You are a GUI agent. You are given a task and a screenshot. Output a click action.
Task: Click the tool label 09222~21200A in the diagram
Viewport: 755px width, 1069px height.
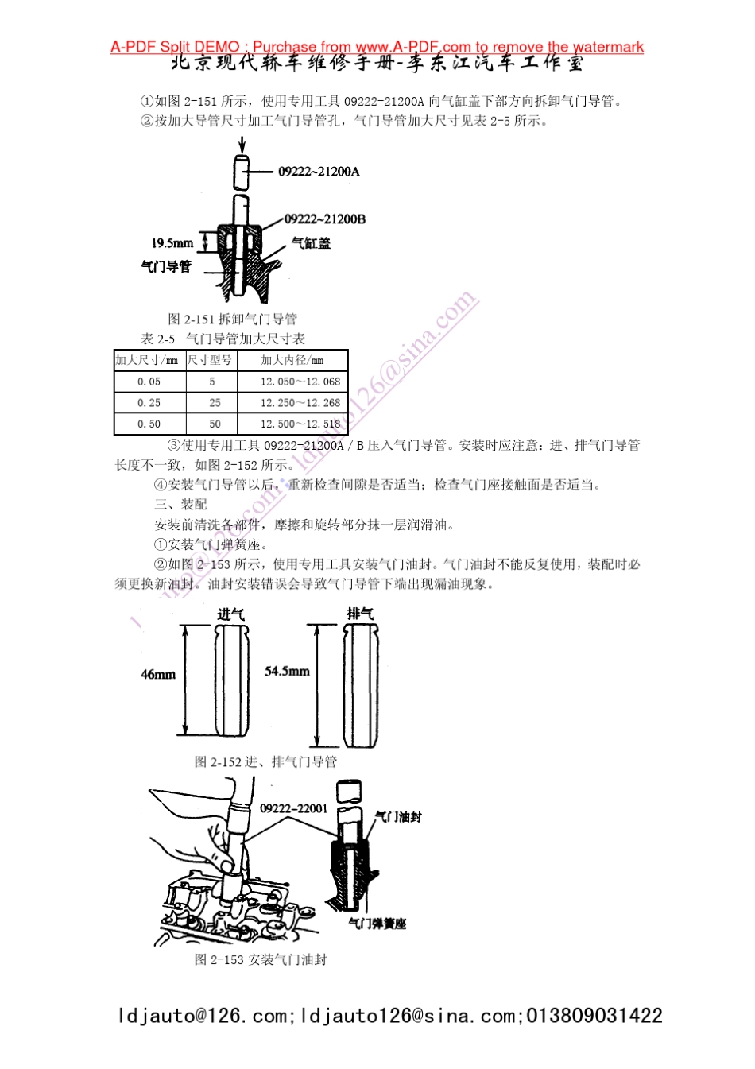[319, 172]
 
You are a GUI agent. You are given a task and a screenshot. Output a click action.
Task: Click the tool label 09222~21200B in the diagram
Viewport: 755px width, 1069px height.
[325, 219]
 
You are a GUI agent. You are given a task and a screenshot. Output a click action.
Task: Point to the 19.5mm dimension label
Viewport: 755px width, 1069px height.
[172, 243]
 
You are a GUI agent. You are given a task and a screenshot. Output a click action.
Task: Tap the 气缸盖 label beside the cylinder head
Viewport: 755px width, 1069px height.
[311, 243]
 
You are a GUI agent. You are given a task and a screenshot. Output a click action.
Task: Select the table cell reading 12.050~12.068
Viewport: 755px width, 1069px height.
[300, 382]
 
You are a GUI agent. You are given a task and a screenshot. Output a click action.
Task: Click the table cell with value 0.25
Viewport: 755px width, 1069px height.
[149, 404]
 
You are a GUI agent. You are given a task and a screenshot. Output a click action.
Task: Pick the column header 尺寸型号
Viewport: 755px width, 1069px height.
[210, 361]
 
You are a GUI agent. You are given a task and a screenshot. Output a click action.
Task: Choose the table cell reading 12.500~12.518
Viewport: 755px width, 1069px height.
[300, 424]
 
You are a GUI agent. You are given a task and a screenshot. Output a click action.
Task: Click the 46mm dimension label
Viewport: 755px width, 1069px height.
[158, 675]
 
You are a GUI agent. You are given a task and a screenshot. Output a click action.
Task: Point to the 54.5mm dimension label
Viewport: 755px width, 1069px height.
[287, 672]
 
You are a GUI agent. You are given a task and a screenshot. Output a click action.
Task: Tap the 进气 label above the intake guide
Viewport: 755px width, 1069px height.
[230, 614]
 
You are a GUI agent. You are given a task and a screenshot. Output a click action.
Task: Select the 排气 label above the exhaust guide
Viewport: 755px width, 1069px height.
[360, 614]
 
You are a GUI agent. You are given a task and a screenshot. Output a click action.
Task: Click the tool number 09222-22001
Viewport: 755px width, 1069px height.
[293, 808]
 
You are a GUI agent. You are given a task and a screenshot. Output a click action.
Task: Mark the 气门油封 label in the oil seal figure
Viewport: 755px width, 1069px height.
[398, 817]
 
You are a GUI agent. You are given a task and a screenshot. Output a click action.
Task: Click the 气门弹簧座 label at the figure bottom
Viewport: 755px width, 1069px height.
[377, 924]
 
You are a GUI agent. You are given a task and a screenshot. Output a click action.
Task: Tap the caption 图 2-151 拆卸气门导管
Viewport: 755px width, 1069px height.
[232, 320]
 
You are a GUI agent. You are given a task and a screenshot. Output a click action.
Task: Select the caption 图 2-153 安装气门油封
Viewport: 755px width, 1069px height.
[261, 960]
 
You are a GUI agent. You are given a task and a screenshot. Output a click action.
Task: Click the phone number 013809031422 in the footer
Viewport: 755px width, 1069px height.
[594, 1016]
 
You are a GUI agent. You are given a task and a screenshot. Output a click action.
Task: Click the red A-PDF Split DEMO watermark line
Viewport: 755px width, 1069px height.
[377, 47]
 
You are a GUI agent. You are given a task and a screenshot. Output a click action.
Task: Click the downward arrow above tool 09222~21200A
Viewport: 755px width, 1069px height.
[242, 145]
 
